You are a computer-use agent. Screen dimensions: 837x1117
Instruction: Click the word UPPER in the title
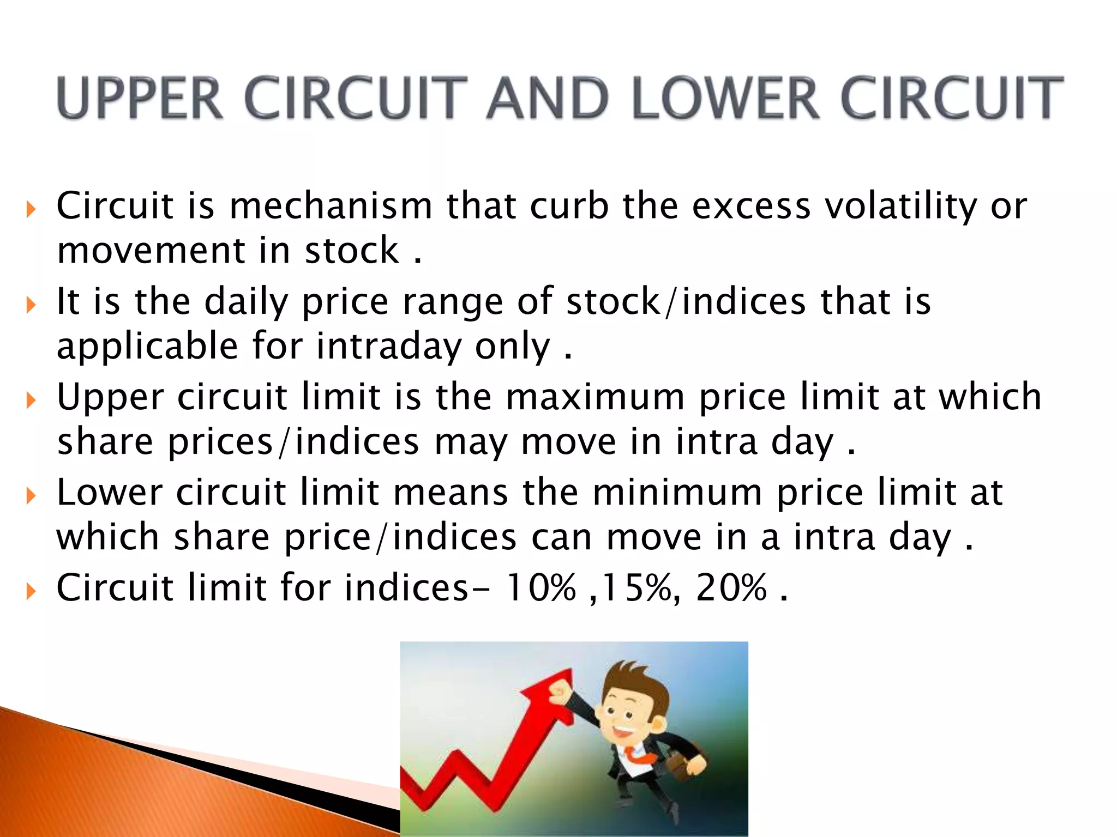coord(140,98)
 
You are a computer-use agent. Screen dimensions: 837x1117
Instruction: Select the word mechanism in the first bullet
coord(331,207)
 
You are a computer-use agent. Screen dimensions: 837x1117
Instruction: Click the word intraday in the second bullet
coord(389,347)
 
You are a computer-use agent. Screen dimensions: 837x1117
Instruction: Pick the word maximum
coord(595,397)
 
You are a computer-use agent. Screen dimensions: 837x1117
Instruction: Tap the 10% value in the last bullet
coord(540,588)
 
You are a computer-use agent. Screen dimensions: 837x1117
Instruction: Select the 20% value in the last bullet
coord(731,588)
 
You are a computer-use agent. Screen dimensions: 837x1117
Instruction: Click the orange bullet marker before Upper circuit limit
coord(31,401)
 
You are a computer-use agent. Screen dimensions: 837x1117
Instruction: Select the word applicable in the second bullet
coord(147,347)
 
